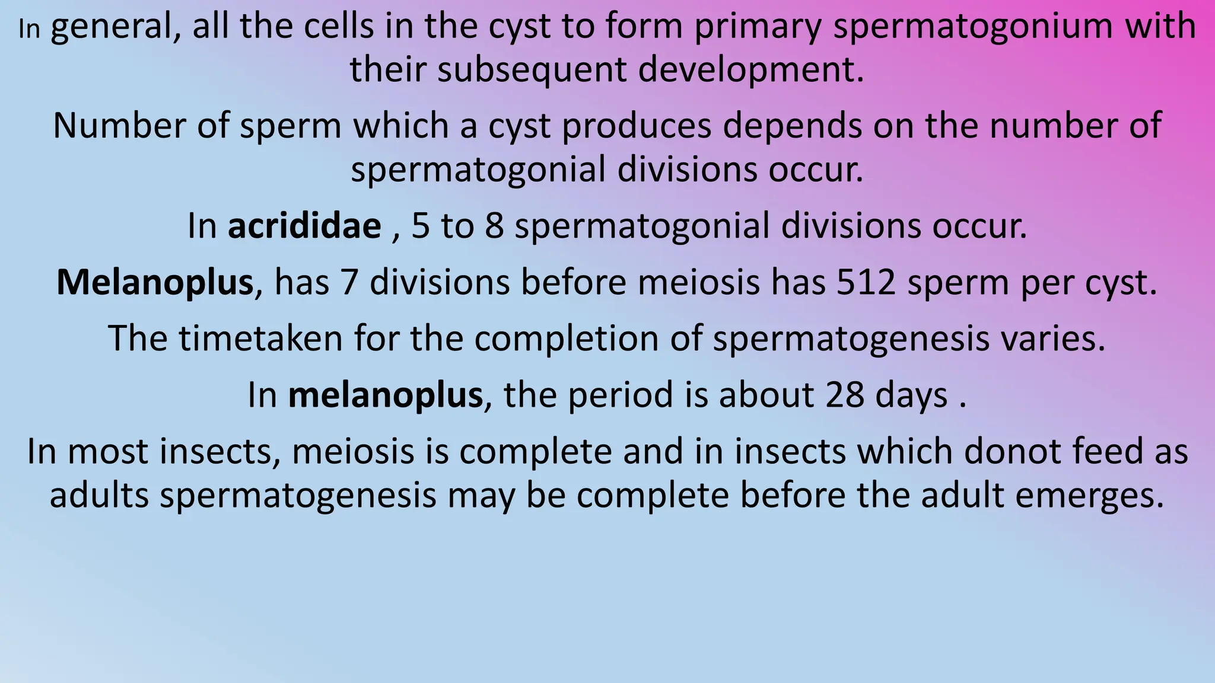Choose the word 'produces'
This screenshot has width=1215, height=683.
pyautogui.click(x=637, y=126)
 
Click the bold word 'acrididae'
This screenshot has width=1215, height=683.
pyautogui.click(x=304, y=226)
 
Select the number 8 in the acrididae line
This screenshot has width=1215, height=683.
pyautogui.click(x=494, y=226)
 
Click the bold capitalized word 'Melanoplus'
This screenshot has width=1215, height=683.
pyautogui.click(x=155, y=282)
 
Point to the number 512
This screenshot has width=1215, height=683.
pyautogui.click(x=867, y=282)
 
